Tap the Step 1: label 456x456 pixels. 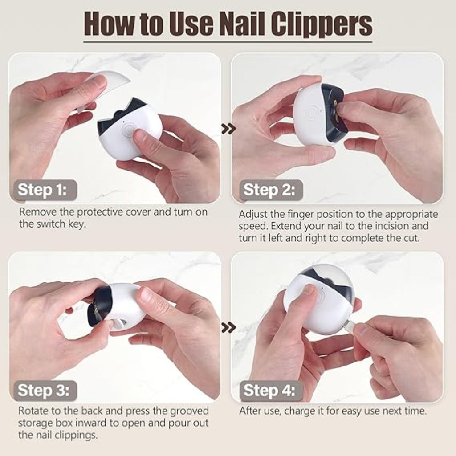tap(42, 190)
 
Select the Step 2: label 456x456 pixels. tap(269, 190)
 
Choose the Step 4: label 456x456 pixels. tap(269, 391)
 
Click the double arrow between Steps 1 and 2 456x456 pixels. tap(228, 129)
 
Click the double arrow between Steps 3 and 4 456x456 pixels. tap(228, 328)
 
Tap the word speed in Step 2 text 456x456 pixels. tap(252, 226)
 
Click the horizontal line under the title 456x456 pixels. tap(228, 42)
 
